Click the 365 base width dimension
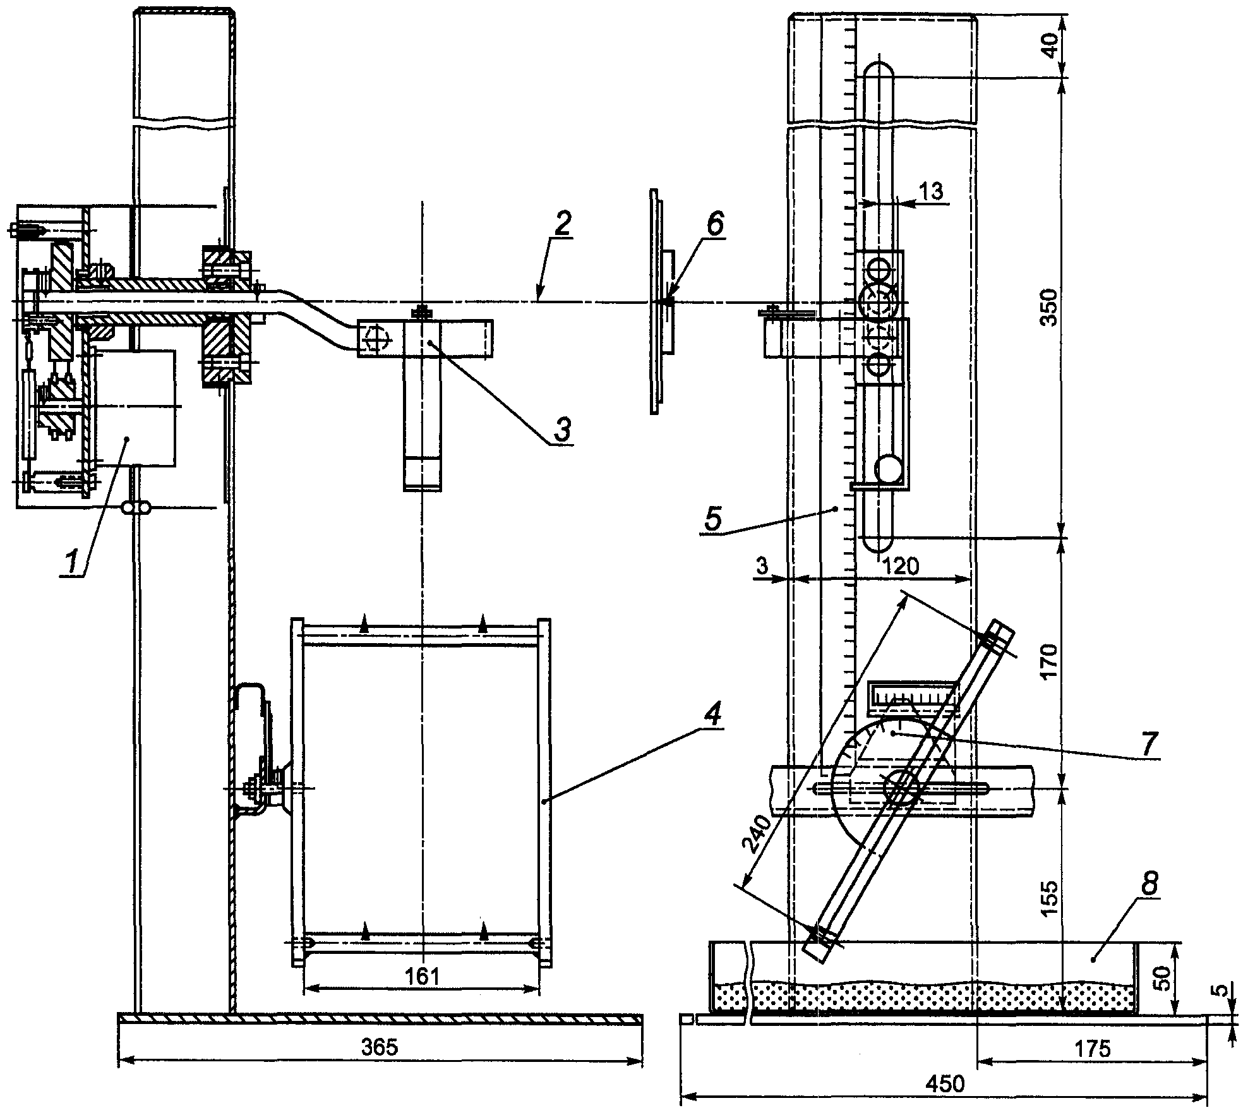380,1047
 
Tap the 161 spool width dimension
422,976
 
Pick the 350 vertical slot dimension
1048,307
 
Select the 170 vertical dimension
1048,661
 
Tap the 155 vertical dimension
1048,898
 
